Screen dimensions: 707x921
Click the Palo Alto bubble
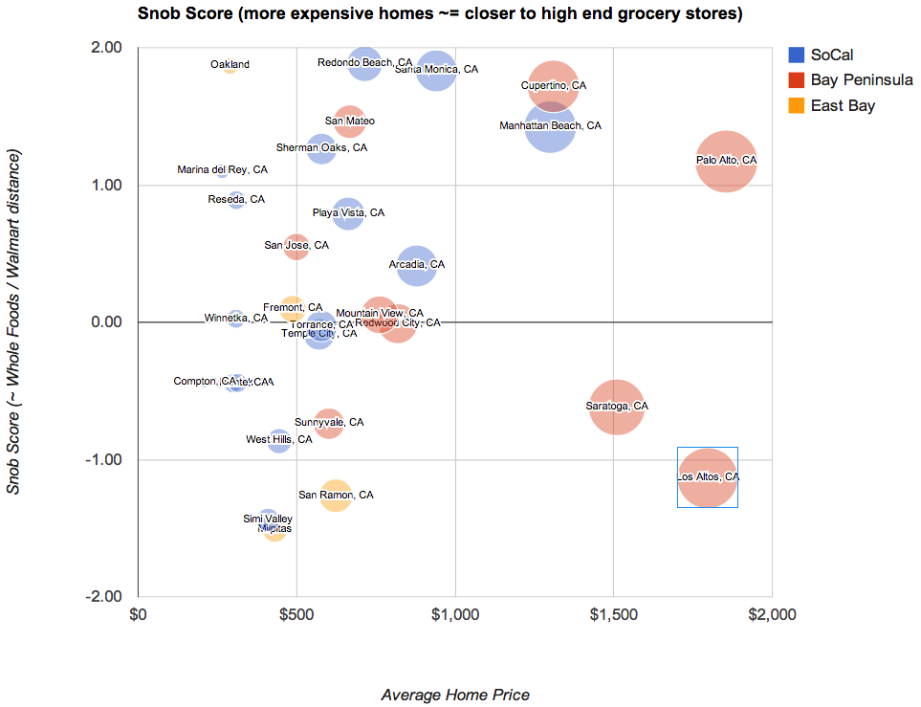point(727,161)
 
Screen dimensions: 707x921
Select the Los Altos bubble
point(707,477)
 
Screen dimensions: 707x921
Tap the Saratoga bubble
point(617,407)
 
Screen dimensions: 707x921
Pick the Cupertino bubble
point(553,86)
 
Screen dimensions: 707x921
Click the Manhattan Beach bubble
point(550,126)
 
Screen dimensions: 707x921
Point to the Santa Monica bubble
point(436,70)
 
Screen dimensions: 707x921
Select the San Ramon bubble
point(336,496)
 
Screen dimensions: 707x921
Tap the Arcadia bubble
point(417,265)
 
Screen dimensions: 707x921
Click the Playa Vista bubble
point(349,213)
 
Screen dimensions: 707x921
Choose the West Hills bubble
point(279,440)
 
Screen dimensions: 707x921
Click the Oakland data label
point(230,65)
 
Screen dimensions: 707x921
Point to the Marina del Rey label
point(222,170)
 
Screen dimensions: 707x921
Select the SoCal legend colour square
point(796,55)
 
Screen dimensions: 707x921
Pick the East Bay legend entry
point(842,106)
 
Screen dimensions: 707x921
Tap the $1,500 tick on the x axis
point(613,614)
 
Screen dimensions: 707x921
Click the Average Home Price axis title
point(455,695)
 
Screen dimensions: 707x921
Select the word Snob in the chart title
point(157,14)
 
